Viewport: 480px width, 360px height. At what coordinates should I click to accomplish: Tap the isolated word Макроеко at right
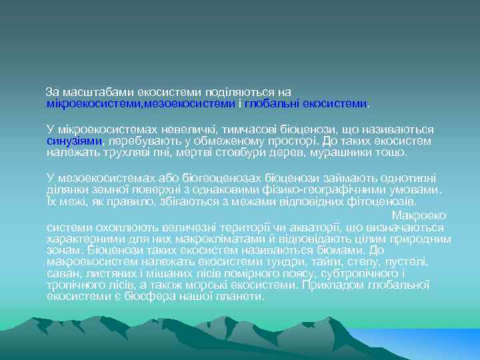point(419,215)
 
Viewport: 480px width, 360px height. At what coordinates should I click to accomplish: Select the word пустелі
point(409,261)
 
